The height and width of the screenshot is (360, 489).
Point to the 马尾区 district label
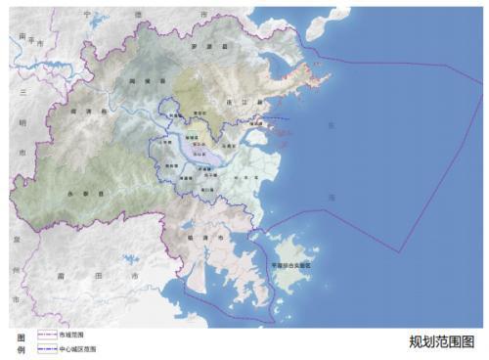point(227,145)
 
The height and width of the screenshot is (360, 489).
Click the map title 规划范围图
point(442,341)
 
